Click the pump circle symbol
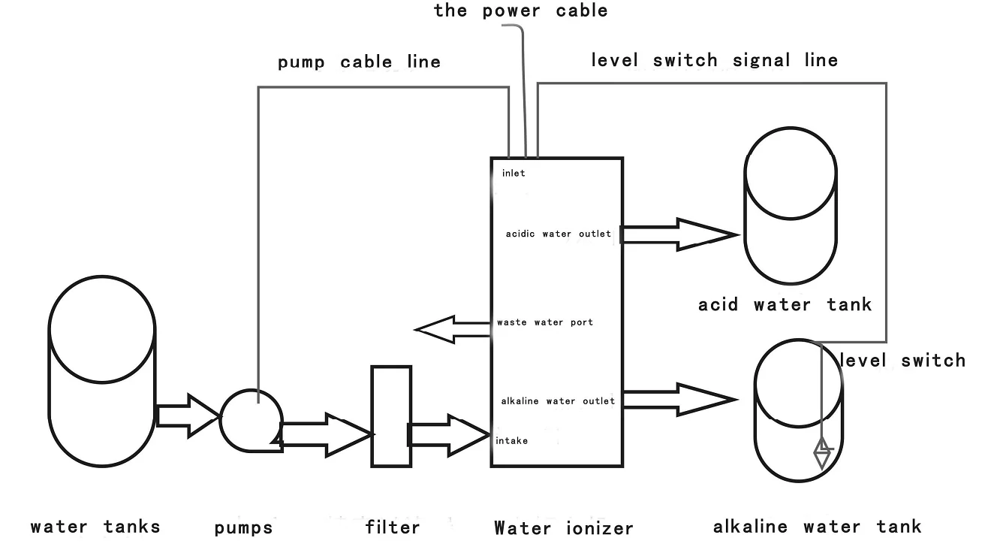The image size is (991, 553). tap(251, 420)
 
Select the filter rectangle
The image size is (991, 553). tap(391, 416)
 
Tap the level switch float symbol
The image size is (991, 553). tap(823, 453)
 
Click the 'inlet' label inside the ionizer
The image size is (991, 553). tap(514, 174)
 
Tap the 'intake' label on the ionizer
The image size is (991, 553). tap(511, 441)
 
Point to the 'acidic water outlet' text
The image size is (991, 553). tap(558, 234)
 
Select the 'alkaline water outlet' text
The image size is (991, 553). tap(558, 401)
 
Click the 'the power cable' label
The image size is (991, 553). tap(521, 11)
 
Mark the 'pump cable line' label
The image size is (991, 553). tap(359, 62)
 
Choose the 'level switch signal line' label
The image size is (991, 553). tap(714, 60)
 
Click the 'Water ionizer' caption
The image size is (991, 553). tap(563, 528)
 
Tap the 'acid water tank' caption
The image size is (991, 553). tap(785, 304)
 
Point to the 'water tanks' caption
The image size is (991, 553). tap(95, 526)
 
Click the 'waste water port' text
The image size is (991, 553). tap(544, 322)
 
